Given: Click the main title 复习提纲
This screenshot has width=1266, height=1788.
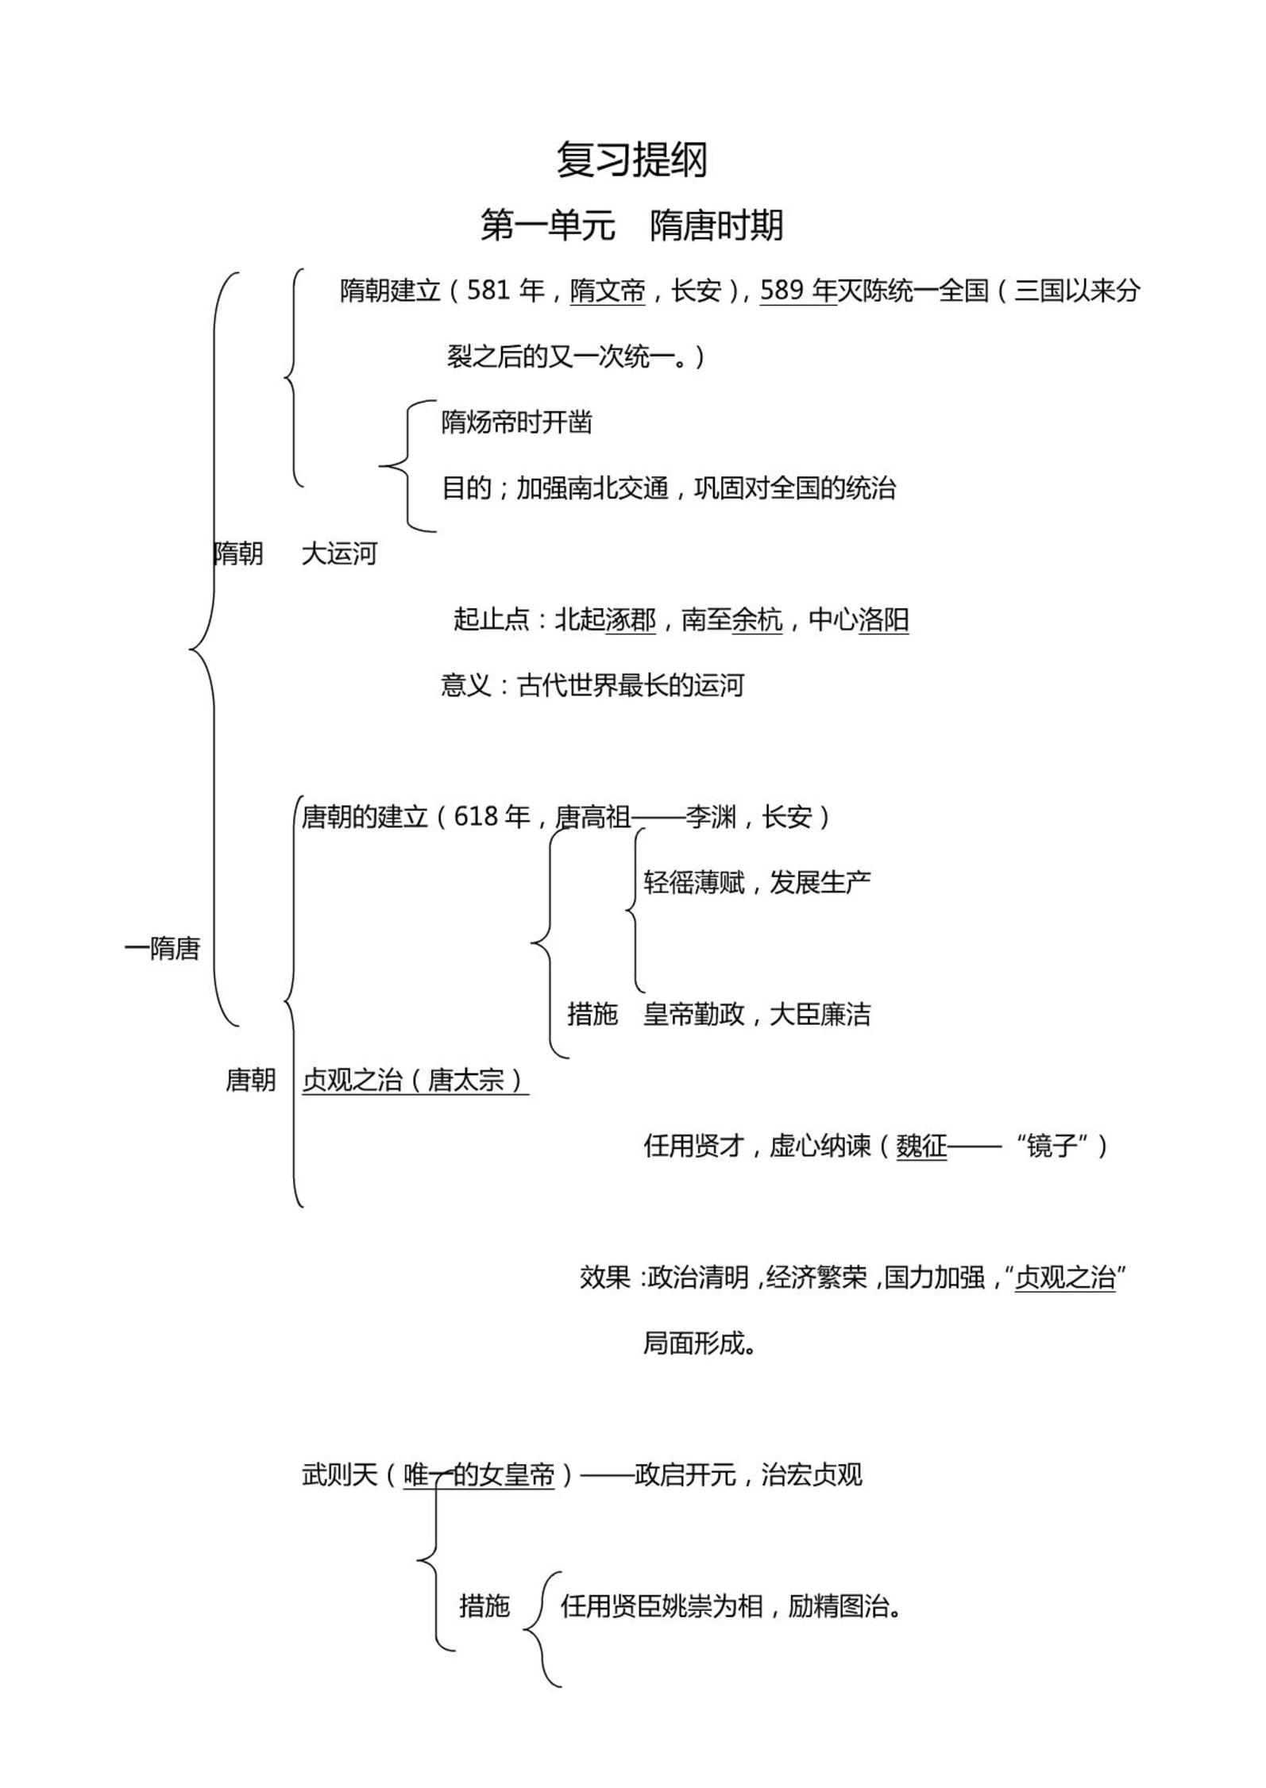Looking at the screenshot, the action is coord(632,161).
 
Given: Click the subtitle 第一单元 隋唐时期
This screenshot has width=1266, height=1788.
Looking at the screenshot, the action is coord(632,225).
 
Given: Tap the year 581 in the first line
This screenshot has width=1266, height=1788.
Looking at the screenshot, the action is coord(488,291).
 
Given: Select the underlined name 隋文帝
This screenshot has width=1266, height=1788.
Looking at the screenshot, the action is coord(608,291).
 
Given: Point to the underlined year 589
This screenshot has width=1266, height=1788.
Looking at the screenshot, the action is coord(782,291).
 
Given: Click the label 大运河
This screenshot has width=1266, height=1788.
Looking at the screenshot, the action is coord(339,553).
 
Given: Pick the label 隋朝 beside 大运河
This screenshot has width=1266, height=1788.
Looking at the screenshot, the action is coord(238,553).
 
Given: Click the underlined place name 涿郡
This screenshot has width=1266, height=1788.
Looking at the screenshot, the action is coord(631,619).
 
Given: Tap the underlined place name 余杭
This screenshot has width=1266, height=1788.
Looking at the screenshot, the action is coord(757,619).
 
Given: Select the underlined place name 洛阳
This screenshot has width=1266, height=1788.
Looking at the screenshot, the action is coord(884,619).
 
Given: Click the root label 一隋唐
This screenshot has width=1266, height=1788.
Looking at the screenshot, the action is coord(162,948).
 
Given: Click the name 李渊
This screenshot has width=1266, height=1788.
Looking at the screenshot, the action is coord(712,817).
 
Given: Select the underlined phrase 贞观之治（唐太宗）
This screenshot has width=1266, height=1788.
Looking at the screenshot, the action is coord(415,1080).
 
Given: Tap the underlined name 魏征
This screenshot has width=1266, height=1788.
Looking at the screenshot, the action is coord(921,1146).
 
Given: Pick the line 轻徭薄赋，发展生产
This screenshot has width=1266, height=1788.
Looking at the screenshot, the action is coord(757,882).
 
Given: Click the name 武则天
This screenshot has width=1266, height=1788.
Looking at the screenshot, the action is coord(339,1474).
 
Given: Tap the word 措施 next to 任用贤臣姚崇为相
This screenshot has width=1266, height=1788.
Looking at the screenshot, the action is coord(484,1605).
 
